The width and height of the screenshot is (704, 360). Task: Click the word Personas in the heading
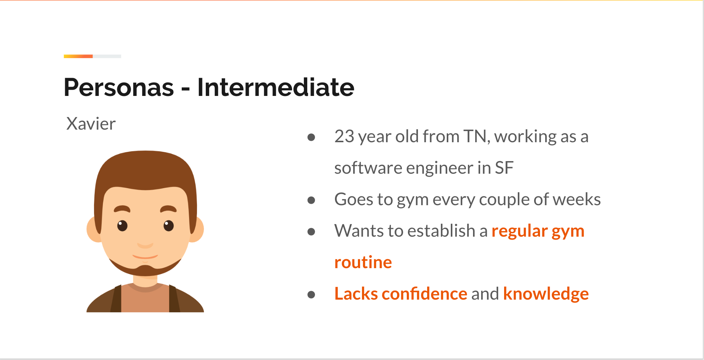tap(119, 87)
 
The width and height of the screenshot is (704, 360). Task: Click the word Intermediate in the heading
tap(276, 87)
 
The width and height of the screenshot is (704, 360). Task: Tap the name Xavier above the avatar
tap(91, 124)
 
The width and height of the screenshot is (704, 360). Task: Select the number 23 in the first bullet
tap(344, 136)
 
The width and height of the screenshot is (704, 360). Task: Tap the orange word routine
tap(363, 262)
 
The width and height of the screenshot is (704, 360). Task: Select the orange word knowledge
tap(546, 294)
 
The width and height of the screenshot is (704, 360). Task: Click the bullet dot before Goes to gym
tap(311, 200)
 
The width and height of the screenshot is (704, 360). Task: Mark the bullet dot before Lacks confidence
tap(311, 295)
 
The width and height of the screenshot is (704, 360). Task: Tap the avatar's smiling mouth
tap(145, 256)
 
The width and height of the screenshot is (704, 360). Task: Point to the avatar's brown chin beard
tap(145, 269)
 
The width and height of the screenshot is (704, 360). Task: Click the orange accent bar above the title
tap(78, 56)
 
